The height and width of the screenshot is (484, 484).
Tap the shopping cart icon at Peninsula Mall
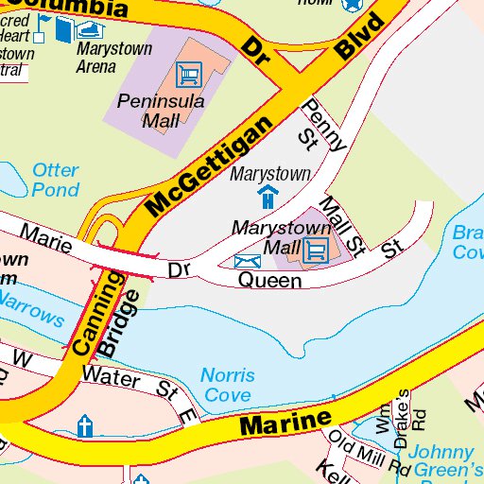click(x=190, y=73)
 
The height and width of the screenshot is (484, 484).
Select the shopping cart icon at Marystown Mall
click(x=316, y=250)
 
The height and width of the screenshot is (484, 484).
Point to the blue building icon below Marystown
click(x=268, y=198)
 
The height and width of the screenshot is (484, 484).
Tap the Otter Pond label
click(x=56, y=180)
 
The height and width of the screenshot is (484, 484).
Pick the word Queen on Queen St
click(x=269, y=281)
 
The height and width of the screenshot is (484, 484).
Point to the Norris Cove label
click(x=227, y=385)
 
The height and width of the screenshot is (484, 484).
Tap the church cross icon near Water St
click(x=85, y=426)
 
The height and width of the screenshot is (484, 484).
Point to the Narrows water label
click(x=32, y=308)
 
